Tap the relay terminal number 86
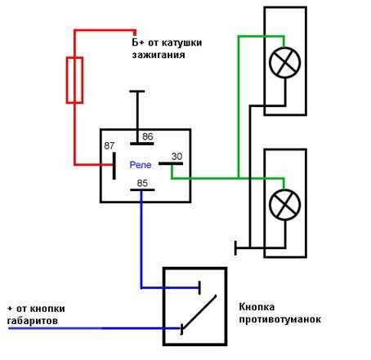point(148,136)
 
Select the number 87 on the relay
point(110,145)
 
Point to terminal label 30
point(177,157)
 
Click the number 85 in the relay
point(142,183)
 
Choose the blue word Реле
point(141,165)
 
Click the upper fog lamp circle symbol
point(284,63)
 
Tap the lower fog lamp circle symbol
point(284,205)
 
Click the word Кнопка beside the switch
point(257,307)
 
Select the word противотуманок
point(279,319)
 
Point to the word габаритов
point(33,321)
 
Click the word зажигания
point(159,55)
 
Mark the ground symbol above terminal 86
point(137,91)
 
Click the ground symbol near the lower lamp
point(235,248)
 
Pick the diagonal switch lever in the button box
point(199,312)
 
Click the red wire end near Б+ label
point(135,33)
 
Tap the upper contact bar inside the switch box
point(199,288)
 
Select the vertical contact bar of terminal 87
point(114,166)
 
